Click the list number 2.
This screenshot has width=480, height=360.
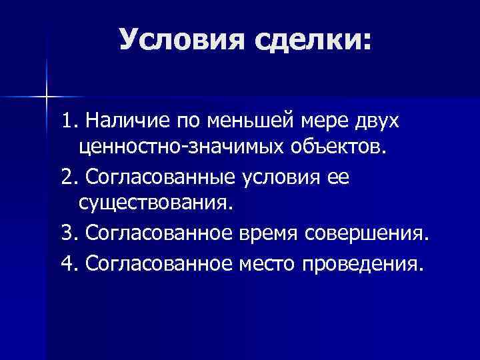pyautogui.click(x=66, y=178)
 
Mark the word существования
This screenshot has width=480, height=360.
pyautogui.click(x=156, y=202)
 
